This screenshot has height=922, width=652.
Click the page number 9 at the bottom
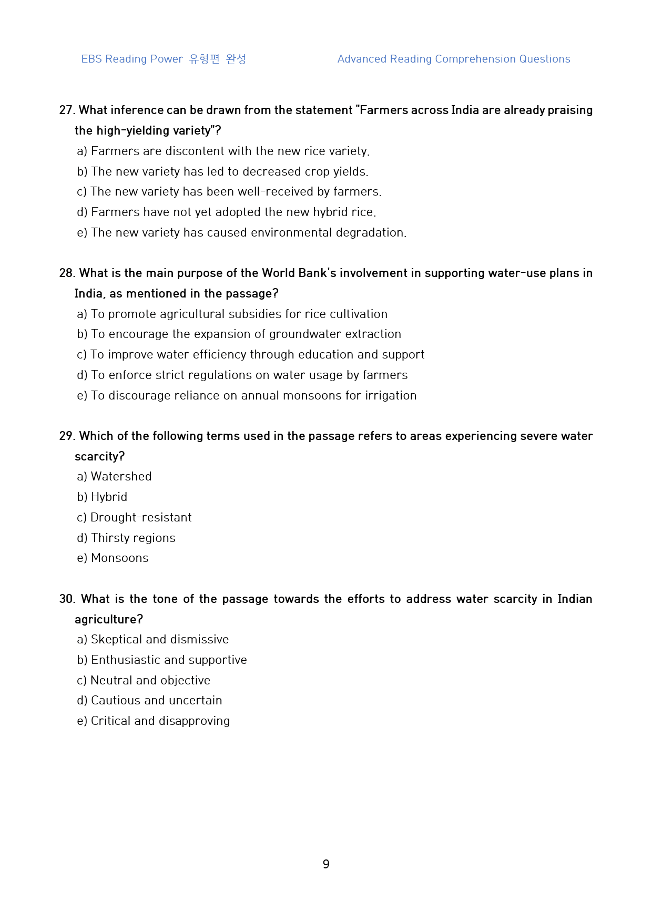pyautogui.click(x=326, y=864)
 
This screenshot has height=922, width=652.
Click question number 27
pyautogui.click(x=67, y=110)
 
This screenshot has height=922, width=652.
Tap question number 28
pyautogui.click(x=67, y=273)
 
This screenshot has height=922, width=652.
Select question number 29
pyautogui.click(x=67, y=436)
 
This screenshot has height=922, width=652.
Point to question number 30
pyautogui.click(x=67, y=599)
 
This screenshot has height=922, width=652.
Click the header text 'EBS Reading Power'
pyautogui.click(x=132, y=59)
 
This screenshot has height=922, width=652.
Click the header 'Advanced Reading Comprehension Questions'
pyautogui.click(x=453, y=59)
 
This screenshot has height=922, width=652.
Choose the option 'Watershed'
pyautogui.click(x=121, y=477)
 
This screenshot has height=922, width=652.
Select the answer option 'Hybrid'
pyautogui.click(x=109, y=497)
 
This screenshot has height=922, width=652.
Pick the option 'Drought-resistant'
pyautogui.click(x=141, y=518)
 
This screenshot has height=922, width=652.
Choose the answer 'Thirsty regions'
pyautogui.click(x=133, y=538)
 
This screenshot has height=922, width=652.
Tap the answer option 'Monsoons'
pyautogui.click(x=119, y=558)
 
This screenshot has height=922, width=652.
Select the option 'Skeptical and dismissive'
pyautogui.click(x=159, y=640)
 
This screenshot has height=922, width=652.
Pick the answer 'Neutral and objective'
pyautogui.click(x=150, y=681)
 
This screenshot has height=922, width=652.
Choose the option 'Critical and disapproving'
pyautogui.click(x=160, y=721)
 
